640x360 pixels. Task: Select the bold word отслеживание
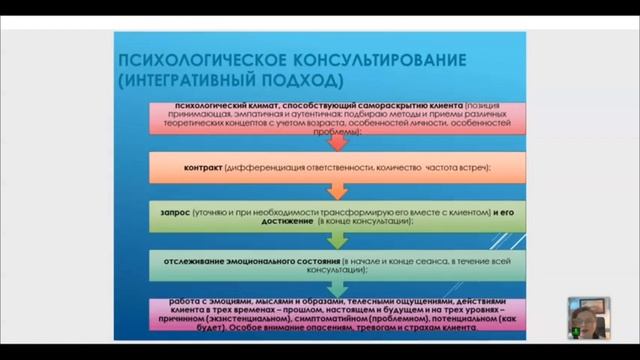click(189, 261)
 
